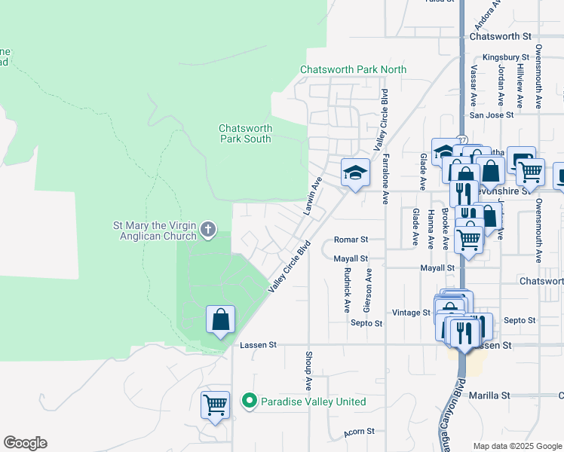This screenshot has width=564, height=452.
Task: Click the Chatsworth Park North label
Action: [353, 69]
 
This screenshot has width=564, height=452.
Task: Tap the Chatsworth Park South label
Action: [245, 133]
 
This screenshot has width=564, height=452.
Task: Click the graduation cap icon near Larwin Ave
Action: [355, 173]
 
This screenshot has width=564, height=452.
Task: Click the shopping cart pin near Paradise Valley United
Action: [215, 405]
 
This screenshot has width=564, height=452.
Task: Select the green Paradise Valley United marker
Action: [250, 402]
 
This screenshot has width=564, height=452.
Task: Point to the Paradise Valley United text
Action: [313, 402]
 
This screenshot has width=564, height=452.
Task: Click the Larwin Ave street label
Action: [312, 196]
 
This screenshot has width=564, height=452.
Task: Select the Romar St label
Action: [351, 240]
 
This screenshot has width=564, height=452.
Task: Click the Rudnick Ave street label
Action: [347, 289]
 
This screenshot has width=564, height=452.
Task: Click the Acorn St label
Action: [360, 432]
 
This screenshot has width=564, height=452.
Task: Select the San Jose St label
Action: [491, 115]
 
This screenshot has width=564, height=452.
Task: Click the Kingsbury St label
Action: [506, 57]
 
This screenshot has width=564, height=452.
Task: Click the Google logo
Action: [25, 443]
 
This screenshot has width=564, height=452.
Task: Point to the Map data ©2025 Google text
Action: [516, 446]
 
